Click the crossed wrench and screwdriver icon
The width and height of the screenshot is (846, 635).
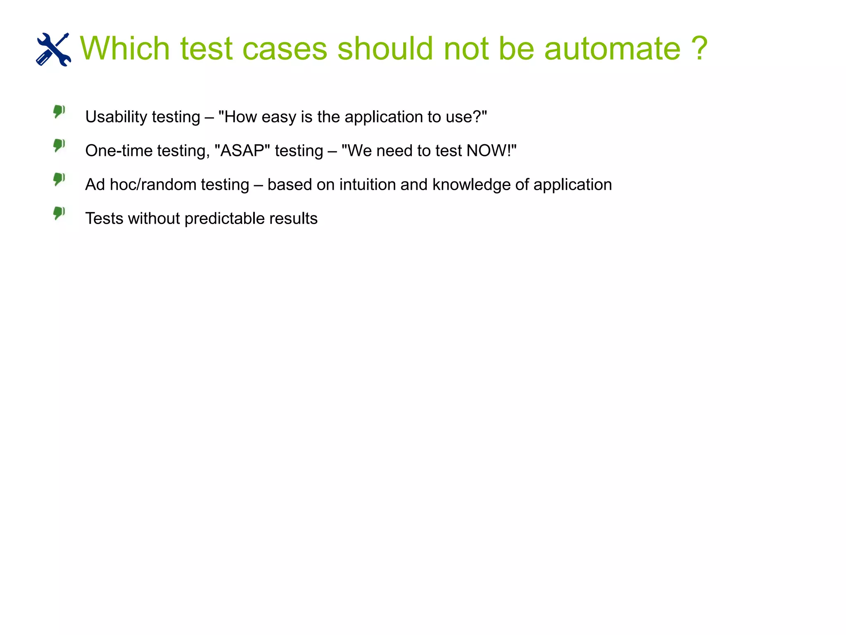[x=53, y=49]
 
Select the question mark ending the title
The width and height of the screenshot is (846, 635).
[x=699, y=48]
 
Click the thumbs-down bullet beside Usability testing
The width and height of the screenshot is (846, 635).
[x=59, y=111]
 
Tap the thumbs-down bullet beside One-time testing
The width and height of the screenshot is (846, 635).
[x=59, y=145]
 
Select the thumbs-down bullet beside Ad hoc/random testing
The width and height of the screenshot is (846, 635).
[x=59, y=179]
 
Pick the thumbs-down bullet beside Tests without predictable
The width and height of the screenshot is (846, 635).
[x=59, y=213]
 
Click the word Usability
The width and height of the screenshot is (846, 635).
[x=116, y=117]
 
